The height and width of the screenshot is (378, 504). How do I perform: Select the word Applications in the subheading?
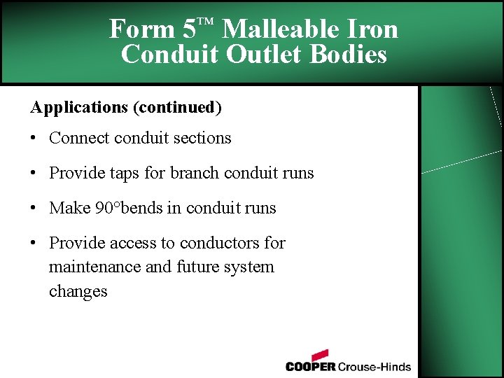[x=78, y=107]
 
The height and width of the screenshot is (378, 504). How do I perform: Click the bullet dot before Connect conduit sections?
[x=34, y=139]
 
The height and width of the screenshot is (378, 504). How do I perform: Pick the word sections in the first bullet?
[x=203, y=138]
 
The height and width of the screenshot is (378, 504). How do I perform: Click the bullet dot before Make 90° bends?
[x=34, y=209]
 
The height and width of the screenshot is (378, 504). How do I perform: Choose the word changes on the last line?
[x=78, y=291]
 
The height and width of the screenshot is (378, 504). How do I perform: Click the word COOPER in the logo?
[x=311, y=366]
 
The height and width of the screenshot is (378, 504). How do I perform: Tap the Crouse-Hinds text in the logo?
[x=374, y=366]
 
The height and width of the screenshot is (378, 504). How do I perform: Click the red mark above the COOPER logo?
[x=319, y=355]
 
